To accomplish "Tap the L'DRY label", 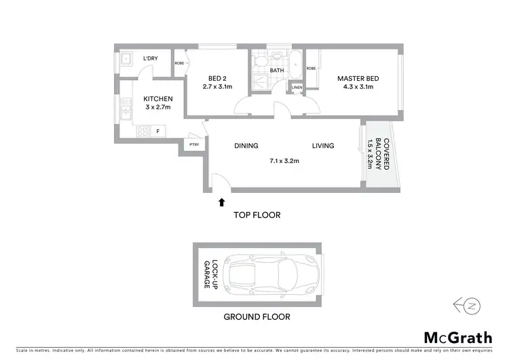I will coord(150,59).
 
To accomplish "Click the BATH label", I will coord(276,70).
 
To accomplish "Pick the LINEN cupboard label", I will coord(296,88).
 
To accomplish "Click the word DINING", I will coord(246,145).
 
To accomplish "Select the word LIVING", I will coord(324,145).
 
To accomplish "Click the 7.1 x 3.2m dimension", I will coord(285,161).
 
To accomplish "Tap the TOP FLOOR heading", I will coord(257,215).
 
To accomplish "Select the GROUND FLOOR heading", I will coord(257,317).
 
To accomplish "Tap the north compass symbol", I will coord(470,306).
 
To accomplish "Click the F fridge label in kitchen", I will coord(157,130).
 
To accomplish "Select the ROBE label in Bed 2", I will coord(179,63).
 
